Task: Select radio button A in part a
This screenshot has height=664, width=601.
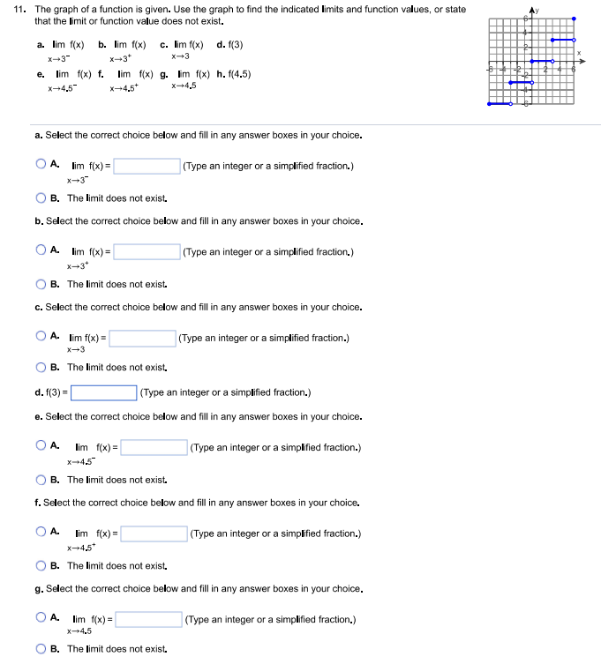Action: click(41, 164)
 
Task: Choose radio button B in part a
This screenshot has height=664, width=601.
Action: click(41, 198)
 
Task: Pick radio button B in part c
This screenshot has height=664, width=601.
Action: click(41, 367)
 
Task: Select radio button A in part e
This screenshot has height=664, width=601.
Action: click(41, 446)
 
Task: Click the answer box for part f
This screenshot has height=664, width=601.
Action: click(153, 533)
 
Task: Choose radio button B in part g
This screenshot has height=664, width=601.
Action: click(41, 649)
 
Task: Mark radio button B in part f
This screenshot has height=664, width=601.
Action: click(41, 565)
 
